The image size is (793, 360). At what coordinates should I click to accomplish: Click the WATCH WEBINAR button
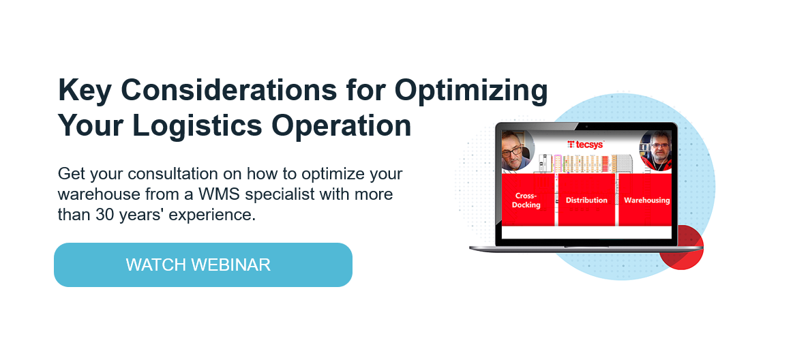click(x=203, y=265)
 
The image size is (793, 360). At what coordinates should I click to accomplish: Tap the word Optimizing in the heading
click(x=471, y=91)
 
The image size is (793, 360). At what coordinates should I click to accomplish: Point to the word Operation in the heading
click(x=341, y=126)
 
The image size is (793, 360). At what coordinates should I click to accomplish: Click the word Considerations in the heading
click(x=228, y=90)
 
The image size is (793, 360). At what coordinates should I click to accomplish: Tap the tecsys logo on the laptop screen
click(x=586, y=144)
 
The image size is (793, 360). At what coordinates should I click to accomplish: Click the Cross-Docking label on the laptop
click(x=526, y=200)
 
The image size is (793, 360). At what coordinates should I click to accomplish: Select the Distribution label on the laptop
click(x=586, y=200)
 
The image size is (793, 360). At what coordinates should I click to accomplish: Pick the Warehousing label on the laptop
click(x=647, y=200)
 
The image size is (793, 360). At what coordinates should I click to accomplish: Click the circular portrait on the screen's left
click(x=517, y=150)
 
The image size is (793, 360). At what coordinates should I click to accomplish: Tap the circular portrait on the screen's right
click(x=656, y=151)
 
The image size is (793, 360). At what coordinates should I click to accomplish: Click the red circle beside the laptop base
click(x=682, y=247)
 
